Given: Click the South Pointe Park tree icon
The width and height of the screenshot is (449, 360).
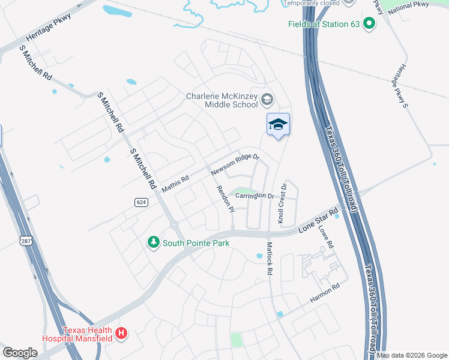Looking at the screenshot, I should click(154, 242).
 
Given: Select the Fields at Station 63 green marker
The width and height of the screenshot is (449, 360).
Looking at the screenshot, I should click(369, 24).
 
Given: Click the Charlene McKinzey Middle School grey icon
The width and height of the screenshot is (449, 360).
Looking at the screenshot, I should click(267, 99).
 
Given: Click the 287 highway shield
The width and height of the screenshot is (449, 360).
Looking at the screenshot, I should click(26, 241).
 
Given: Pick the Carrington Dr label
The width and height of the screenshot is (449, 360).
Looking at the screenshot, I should click(255, 196).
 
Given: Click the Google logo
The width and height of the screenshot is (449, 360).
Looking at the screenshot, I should click(20, 352).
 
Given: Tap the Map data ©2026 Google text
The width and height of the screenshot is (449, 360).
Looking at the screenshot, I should click(411, 355).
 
